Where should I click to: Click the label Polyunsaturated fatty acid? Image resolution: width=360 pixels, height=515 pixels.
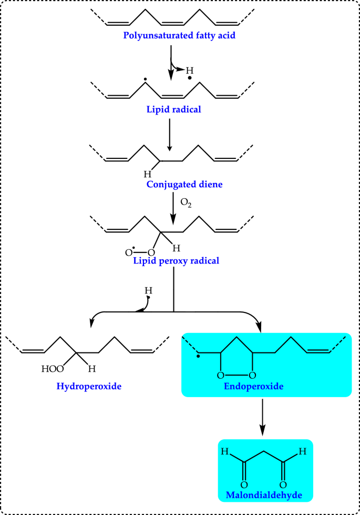coord(172,36)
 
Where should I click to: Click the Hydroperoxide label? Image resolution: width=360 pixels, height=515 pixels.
coord(89,387)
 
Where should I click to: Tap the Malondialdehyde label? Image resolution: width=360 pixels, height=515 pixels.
coord(265,496)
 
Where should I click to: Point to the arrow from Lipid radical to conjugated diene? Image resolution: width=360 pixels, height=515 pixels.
coord(169,135)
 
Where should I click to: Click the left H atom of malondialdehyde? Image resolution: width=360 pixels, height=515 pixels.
coord(224,451)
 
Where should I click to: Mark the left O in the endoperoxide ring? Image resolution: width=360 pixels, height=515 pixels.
coord(221,375)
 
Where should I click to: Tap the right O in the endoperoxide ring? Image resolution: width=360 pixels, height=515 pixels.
coord(253,375)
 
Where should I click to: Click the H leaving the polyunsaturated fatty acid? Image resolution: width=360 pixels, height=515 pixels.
coord(190,70)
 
